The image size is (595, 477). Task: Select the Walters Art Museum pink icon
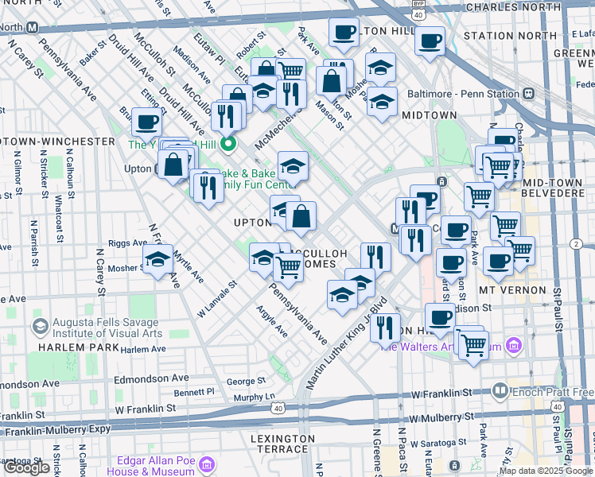514,346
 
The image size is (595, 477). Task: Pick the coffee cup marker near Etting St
146,123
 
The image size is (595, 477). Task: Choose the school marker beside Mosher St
157,259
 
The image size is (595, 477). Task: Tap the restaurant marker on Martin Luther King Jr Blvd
385,326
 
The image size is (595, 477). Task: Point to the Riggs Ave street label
127,242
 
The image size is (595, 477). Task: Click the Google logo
28,467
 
